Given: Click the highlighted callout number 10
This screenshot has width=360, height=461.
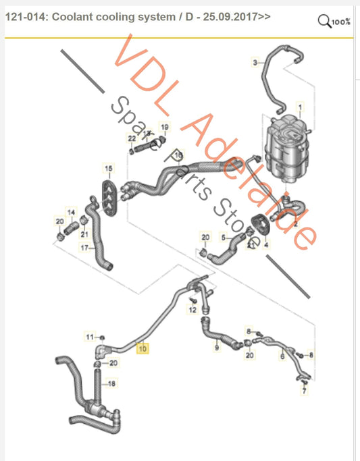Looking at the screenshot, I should click(142, 349).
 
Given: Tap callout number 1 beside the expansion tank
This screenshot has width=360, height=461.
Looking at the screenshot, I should click(301, 107).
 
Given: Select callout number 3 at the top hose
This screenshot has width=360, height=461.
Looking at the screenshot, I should click(255, 63).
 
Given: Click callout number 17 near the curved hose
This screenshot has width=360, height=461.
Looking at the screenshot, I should click(84, 248).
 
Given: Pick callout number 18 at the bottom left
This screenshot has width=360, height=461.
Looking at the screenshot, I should click(112, 383).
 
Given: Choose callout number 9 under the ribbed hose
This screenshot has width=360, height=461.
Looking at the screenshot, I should click(217, 348).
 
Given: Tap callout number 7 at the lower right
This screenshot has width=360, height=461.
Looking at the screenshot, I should click(304, 391).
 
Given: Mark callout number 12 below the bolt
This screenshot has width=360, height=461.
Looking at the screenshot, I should click(192, 310).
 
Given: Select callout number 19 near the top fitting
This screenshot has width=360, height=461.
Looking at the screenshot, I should click(164, 126).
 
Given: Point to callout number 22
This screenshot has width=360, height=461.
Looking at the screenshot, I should click(132, 138).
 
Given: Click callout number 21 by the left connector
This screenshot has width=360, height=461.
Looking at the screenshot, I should click(84, 234).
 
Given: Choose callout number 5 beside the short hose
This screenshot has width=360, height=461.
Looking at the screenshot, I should click(224, 238).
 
